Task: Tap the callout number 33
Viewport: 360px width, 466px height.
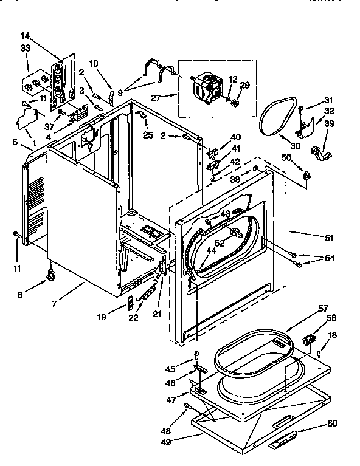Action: click(x=25, y=49)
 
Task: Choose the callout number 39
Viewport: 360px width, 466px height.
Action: click(x=330, y=123)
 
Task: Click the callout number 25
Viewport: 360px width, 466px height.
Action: click(x=148, y=134)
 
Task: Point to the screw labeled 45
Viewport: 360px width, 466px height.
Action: click(x=196, y=355)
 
